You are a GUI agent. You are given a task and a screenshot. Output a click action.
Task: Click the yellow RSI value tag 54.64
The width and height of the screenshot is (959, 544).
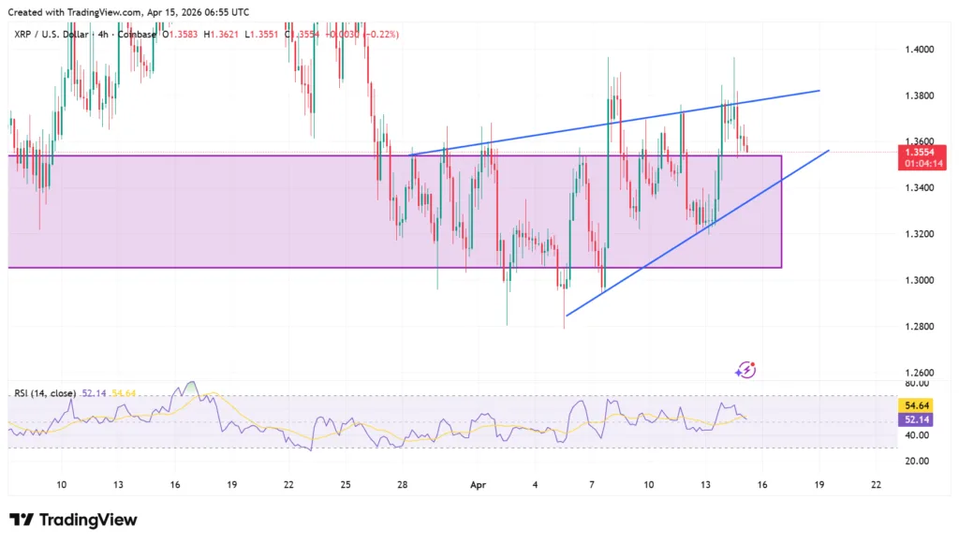point(914,406)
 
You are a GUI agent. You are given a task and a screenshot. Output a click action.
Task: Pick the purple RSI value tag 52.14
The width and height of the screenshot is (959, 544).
point(914,420)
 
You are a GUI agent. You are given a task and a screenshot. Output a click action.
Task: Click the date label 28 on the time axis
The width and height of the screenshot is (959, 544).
point(403,484)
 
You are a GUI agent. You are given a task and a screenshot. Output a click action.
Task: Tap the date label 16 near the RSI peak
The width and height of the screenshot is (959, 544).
point(175,484)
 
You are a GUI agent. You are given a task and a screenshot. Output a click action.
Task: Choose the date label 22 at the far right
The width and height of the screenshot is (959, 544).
point(876,484)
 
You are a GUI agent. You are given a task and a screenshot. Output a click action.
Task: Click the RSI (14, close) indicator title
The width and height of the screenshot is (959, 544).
point(45,393)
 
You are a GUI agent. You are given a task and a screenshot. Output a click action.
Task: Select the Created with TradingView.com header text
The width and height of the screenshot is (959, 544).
point(128,12)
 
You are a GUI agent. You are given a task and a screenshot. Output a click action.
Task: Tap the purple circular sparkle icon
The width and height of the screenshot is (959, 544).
point(746,370)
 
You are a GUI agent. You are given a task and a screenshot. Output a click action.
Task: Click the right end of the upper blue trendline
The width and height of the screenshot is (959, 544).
point(819,91)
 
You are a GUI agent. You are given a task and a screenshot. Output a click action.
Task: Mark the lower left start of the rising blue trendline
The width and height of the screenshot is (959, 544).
point(567,316)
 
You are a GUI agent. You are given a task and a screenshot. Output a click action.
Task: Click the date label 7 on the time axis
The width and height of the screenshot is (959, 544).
point(592,484)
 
